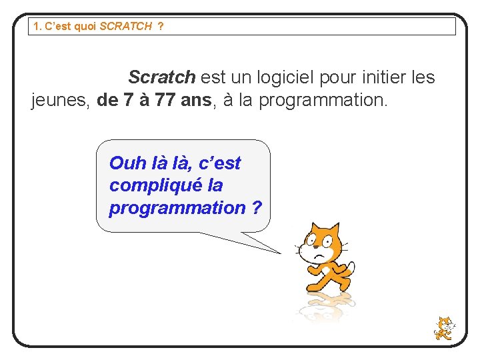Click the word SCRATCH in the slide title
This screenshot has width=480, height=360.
[x=125, y=27]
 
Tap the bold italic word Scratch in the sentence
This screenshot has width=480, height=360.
[x=161, y=77]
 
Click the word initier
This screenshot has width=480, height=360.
[x=378, y=77]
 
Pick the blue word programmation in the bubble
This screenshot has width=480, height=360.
[x=177, y=207]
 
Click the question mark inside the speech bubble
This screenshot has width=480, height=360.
[x=257, y=207]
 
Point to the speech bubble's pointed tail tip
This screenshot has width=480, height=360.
[x=281, y=253]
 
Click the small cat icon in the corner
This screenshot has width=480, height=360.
[x=443, y=328]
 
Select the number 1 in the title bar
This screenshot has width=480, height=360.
[x=36, y=27]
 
